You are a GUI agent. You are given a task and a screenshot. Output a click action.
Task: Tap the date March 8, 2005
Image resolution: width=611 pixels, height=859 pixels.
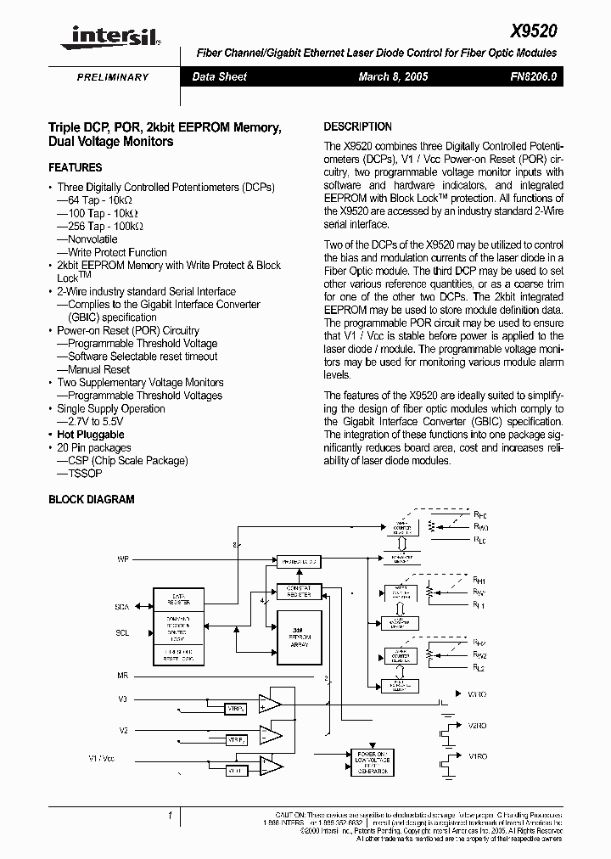point(393,76)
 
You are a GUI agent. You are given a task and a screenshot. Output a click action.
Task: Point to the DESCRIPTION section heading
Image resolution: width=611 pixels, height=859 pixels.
point(357,126)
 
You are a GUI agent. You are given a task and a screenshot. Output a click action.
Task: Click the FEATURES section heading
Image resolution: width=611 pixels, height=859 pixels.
point(76,168)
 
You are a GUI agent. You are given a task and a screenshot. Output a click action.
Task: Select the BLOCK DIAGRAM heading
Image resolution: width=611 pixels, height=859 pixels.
point(91,500)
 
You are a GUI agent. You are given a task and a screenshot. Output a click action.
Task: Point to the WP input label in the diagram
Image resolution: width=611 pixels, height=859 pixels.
point(123,560)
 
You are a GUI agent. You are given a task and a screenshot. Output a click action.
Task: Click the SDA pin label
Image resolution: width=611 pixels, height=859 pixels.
point(121,608)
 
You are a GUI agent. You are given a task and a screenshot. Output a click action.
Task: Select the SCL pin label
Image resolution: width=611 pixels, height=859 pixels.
point(121,633)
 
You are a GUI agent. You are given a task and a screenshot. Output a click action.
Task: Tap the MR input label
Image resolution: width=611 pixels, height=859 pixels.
point(122,676)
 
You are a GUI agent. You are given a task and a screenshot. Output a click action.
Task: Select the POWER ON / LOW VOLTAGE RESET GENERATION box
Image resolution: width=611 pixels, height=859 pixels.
point(373,761)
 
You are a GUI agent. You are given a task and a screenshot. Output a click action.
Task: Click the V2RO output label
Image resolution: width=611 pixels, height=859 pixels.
point(477,726)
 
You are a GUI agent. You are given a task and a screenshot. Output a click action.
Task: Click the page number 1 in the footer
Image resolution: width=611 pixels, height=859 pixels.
point(170,816)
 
